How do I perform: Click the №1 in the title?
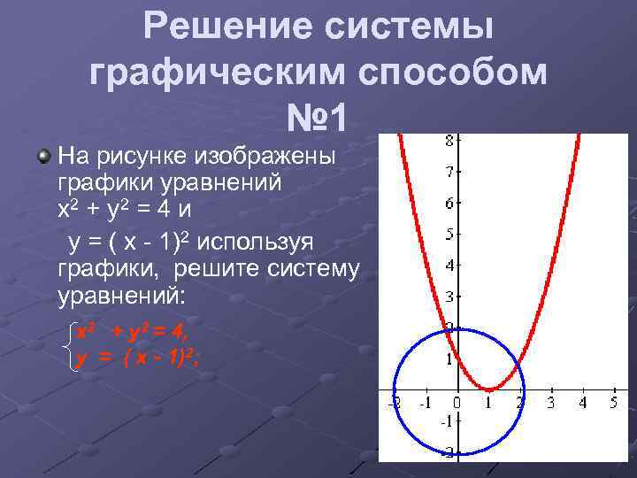pyautogui.click(x=318, y=118)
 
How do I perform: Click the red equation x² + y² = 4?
pyautogui.click(x=132, y=332)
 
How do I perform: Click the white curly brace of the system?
pyautogui.click(x=71, y=345)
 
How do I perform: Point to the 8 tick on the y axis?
pyautogui.click(x=449, y=140)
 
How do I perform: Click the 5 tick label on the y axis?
pyautogui.click(x=449, y=235)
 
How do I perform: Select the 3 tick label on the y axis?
pyautogui.click(x=449, y=297)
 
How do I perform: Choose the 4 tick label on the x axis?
pyautogui.click(x=581, y=404)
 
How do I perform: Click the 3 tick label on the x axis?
pyautogui.click(x=550, y=404)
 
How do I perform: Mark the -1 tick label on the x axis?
pyautogui.click(x=425, y=404)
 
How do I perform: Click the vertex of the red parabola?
pyautogui.click(x=488, y=389)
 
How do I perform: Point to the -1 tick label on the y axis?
pyautogui.click(x=447, y=420)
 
